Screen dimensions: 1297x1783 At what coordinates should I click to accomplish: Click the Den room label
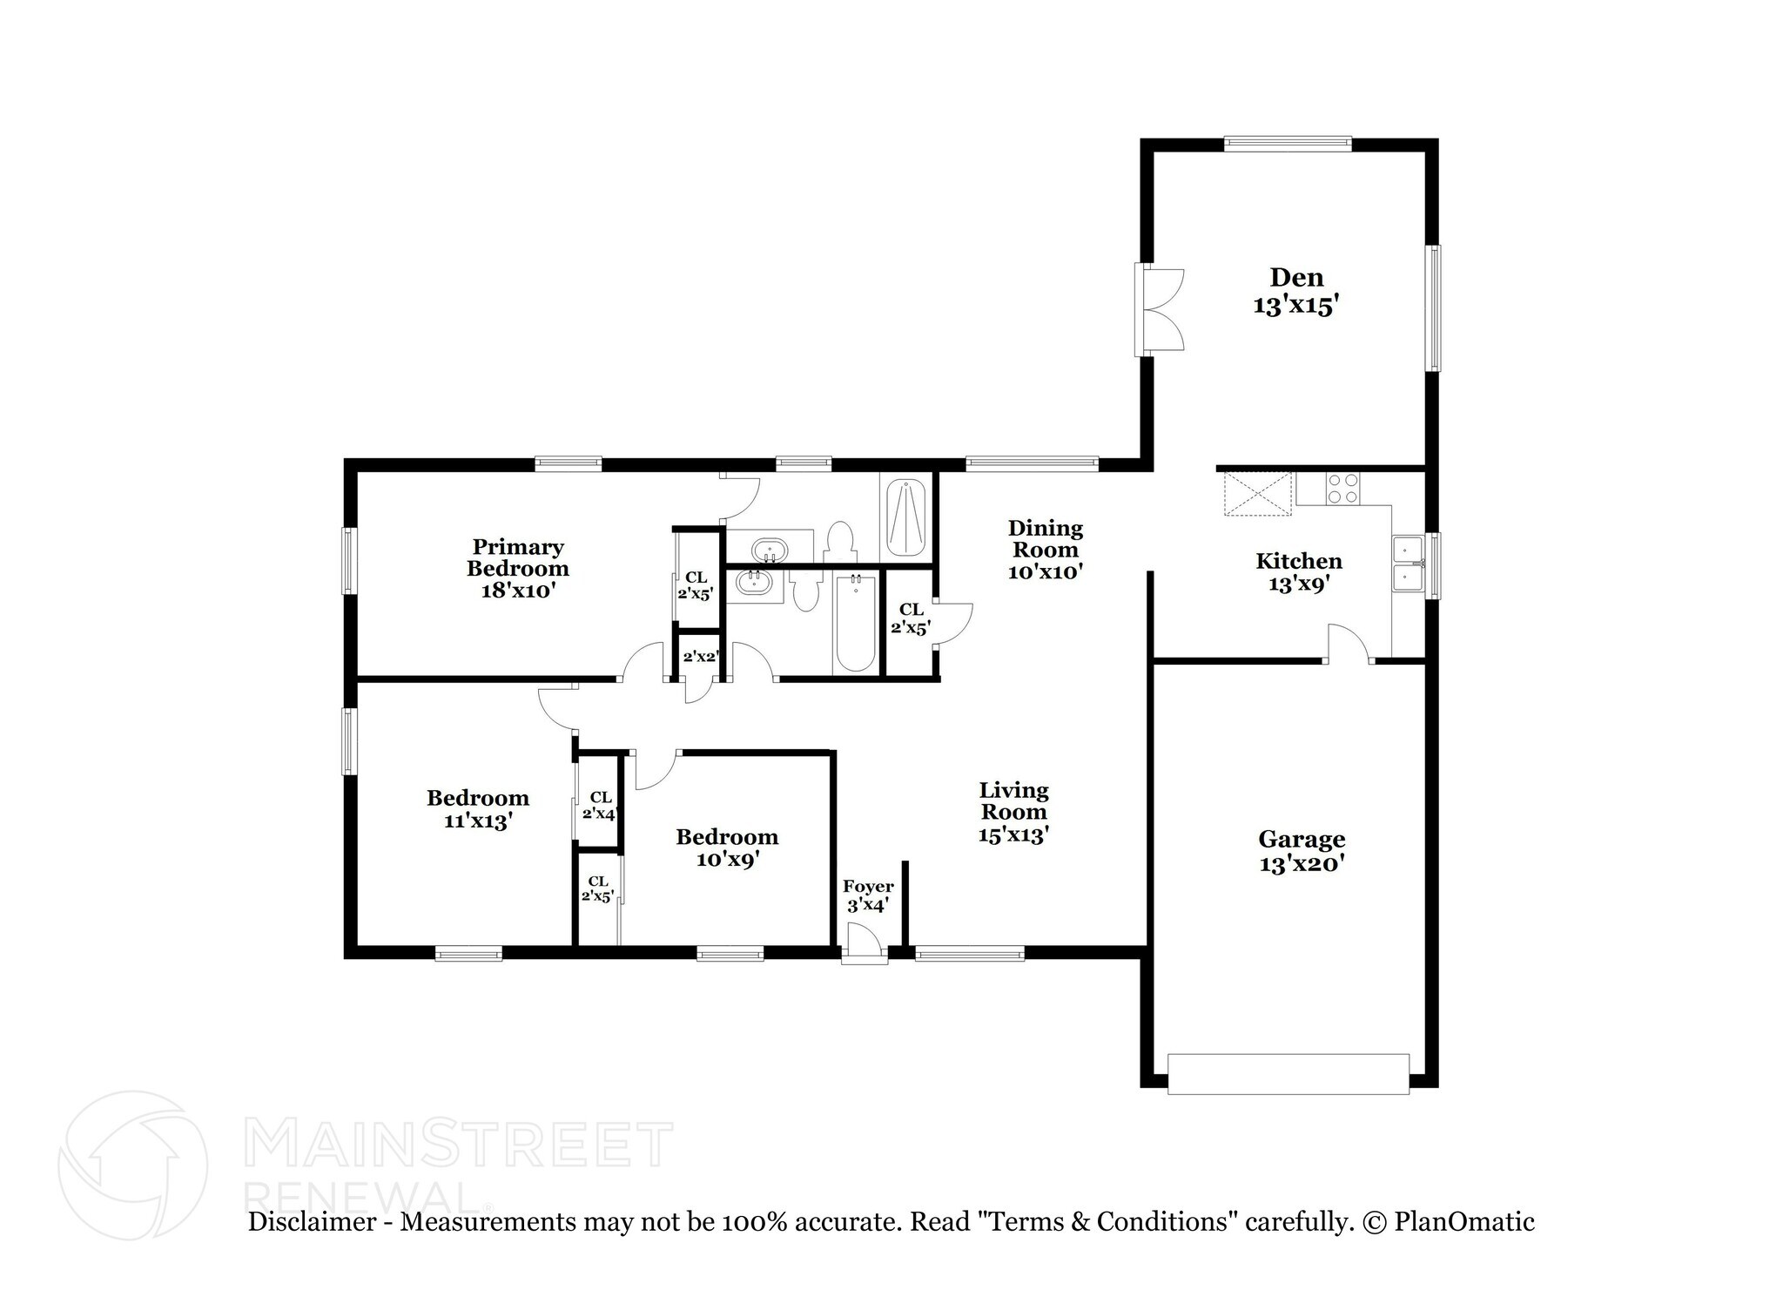coord(1295,278)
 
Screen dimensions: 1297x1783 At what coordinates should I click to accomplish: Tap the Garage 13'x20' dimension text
coord(1301,865)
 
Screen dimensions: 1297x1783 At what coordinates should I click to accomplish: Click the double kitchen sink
coord(1407,564)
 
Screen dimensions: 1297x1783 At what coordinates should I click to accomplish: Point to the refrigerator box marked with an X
coord(1258,494)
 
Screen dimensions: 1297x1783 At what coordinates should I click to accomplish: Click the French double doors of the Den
coord(1161,310)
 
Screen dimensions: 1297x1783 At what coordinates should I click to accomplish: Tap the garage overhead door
coord(1288,1074)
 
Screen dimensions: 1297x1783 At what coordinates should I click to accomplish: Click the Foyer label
coord(867,887)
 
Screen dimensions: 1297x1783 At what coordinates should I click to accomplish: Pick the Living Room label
coord(1013,801)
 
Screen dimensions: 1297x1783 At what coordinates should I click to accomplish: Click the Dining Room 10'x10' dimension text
coord(1045,572)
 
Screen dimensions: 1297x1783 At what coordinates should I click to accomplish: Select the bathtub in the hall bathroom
coord(854,622)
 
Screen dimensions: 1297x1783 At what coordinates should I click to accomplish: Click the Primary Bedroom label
coord(517,557)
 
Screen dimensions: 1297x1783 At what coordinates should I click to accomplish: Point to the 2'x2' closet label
coord(699,657)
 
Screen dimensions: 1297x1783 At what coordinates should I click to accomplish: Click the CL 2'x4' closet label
coord(599,806)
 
